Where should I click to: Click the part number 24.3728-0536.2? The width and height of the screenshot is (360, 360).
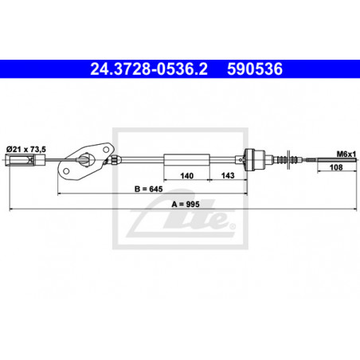(141, 69)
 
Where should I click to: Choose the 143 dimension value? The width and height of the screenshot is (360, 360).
(227, 178)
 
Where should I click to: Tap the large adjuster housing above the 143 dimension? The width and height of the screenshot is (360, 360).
(256, 159)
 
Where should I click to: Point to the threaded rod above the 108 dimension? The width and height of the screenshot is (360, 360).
(326, 159)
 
